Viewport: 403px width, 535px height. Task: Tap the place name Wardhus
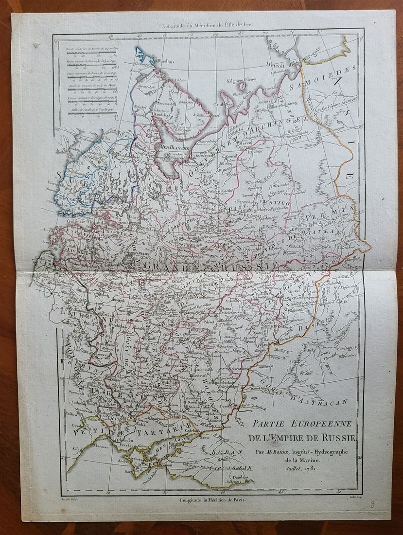166,62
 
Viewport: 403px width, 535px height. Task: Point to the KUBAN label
227,452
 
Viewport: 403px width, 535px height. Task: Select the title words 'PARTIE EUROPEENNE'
302,423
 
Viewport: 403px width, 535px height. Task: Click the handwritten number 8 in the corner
372,504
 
